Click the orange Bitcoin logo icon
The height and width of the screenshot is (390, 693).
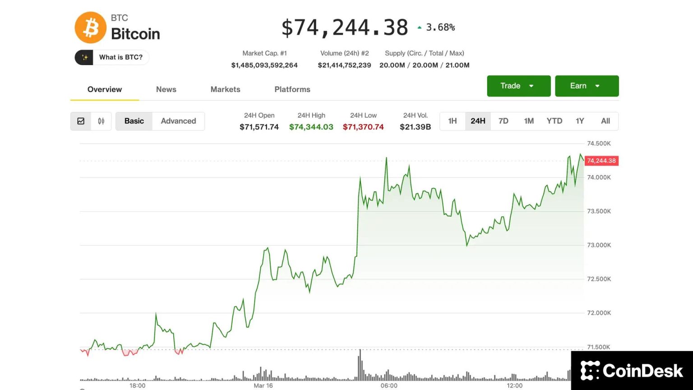pos(90,28)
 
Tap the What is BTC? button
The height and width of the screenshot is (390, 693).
pos(112,57)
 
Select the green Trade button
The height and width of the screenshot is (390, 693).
pos(518,86)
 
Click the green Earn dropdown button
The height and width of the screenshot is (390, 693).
pos(587,86)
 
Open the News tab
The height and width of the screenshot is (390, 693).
pos(166,89)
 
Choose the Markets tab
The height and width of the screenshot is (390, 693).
pos(225,89)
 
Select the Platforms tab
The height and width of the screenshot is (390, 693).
pos(292,89)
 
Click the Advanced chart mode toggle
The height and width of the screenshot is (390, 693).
pos(178,121)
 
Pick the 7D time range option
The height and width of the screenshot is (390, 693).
pos(504,121)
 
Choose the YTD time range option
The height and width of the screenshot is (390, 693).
pos(554,121)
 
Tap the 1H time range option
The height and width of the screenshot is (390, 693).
pos(453,121)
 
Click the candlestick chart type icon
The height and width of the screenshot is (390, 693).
pos(101,121)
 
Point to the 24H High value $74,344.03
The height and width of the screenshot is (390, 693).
pos(311,127)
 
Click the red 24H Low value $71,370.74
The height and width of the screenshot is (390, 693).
pos(363,127)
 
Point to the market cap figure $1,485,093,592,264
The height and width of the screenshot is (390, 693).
pos(264,65)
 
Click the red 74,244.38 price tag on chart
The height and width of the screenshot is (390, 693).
pos(601,161)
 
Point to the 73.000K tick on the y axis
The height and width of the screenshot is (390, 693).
pos(599,245)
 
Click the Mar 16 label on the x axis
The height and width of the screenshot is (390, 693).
pos(263,385)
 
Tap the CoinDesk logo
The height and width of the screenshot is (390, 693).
pos(632,371)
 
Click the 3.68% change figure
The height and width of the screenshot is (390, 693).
pos(440,28)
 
